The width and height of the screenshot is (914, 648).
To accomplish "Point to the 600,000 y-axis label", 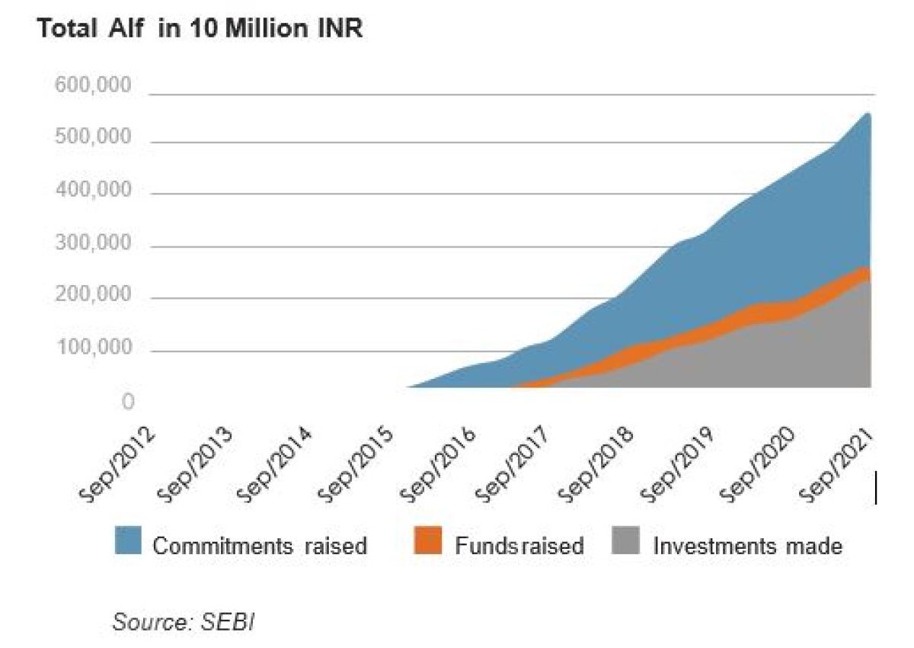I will (94, 86).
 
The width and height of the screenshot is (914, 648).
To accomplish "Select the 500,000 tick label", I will (94, 138).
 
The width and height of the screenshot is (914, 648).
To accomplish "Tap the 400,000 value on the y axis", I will (94, 191).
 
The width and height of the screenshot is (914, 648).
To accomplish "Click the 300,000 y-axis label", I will (94, 244).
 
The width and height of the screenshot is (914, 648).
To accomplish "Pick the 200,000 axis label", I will (94, 297).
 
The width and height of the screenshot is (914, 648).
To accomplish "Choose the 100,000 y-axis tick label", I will (94, 349).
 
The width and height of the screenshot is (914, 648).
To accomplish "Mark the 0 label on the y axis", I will (129, 402).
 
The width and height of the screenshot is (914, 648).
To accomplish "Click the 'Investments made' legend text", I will (747, 546).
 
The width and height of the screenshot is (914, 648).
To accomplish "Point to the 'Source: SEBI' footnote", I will (183, 621).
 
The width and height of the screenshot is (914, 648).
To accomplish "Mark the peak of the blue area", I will (867, 114).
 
